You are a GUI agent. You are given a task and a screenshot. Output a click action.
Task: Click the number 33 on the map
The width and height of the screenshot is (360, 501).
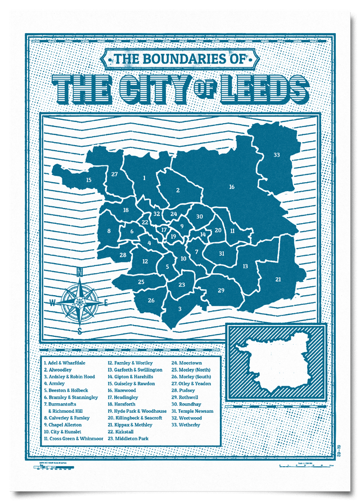pyautogui.click(x=276, y=155)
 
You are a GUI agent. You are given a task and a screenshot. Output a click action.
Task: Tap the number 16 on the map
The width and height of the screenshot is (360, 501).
pyautogui.click(x=231, y=187)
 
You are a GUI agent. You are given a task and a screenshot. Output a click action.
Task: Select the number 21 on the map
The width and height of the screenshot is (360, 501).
pyautogui.click(x=278, y=279)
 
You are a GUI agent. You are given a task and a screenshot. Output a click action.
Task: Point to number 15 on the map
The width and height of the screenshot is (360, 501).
pyautogui.click(x=88, y=180)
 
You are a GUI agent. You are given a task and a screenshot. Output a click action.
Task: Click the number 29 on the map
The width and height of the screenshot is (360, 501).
pyautogui.click(x=221, y=290)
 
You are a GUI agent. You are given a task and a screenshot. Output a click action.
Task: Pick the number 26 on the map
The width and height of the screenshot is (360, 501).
pyautogui.click(x=151, y=300)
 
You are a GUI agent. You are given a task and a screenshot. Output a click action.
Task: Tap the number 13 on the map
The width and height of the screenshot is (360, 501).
pyautogui.click(x=245, y=266)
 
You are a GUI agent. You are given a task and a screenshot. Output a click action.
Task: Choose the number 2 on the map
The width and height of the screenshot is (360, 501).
pyautogui.click(x=178, y=191)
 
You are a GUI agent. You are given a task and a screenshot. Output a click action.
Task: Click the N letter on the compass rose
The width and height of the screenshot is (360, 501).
pyautogui.click(x=79, y=273)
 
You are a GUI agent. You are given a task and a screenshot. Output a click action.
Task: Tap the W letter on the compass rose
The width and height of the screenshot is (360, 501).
pyautogui.click(x=53, y=303)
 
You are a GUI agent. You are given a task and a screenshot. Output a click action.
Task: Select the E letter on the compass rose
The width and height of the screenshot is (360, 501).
pyautogui.click(x=105, y=303)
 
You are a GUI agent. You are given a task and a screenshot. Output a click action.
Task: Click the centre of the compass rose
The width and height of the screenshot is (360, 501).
pyautogui.click(x=79, y=303)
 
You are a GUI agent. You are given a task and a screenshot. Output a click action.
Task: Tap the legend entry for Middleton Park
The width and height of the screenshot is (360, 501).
pyautogui.click(x=128, y=438)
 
